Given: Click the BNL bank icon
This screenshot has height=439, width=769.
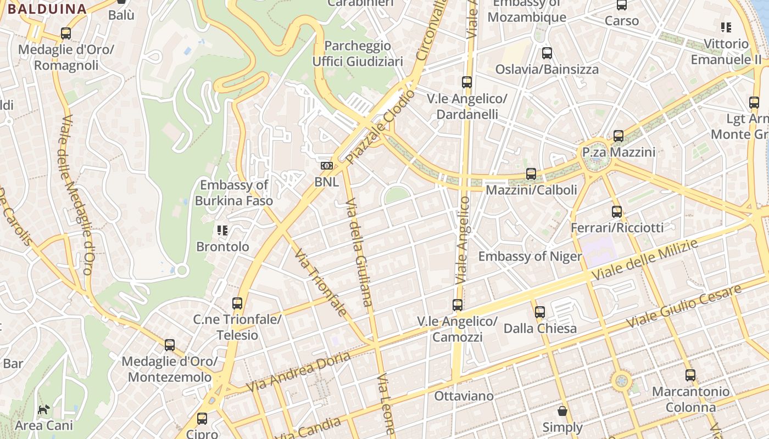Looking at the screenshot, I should coord(326,166).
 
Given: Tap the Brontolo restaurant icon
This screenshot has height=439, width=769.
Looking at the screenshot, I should coord(222,230).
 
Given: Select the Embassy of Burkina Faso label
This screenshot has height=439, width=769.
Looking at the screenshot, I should coord(234,193).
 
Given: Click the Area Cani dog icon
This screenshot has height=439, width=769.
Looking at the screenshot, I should coord(43,409).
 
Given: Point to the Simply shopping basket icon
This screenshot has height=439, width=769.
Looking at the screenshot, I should coord(562,410).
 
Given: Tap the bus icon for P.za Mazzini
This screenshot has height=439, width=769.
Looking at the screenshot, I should coord(618,136).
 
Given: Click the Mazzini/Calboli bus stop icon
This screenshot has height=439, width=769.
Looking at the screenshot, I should coord(531,174).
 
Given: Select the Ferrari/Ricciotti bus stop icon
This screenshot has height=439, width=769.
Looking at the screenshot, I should coord(617,211).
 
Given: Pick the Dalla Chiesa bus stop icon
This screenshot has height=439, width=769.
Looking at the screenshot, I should coord(540,312).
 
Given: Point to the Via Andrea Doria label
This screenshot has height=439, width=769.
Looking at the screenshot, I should coord(298,372).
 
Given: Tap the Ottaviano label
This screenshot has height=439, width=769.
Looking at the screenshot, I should coord(464,396).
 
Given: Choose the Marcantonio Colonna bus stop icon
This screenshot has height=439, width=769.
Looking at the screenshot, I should coord(690,375).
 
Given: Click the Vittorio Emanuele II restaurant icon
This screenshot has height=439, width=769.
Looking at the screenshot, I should coord(726,27).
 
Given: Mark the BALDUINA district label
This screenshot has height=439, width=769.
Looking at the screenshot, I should coord(47,9).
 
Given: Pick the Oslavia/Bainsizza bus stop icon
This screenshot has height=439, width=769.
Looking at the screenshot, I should coord(547,53).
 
